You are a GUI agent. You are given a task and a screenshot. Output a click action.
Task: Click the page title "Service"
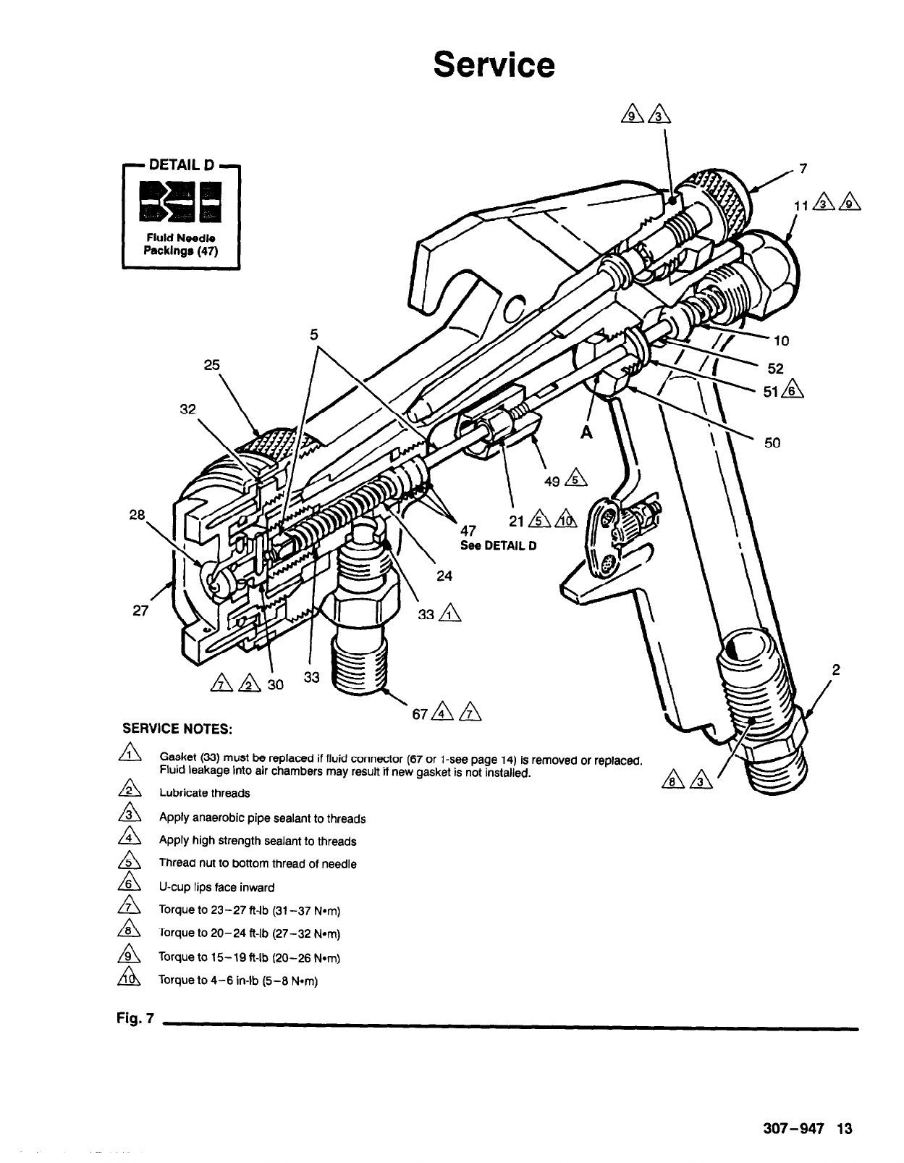494,64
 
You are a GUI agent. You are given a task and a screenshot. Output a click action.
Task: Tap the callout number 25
211,365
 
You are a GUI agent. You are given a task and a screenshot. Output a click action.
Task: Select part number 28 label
138,515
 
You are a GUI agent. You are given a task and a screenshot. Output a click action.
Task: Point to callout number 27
140,610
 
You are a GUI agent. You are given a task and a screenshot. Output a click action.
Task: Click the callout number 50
772,442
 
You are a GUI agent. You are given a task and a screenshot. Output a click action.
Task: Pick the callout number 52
775,368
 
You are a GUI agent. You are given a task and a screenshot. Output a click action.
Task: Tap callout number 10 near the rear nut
781,340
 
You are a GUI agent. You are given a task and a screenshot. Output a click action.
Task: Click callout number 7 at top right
801,169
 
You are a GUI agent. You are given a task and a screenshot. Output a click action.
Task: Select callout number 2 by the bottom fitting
835,670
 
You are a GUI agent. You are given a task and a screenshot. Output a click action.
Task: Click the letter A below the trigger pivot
586,432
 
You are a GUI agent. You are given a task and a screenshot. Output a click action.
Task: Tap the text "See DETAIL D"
499,545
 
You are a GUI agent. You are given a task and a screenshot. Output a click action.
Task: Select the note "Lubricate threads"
205,793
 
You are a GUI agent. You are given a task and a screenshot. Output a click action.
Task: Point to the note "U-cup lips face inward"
216,887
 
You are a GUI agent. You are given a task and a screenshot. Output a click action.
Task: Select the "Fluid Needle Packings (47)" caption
181,244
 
